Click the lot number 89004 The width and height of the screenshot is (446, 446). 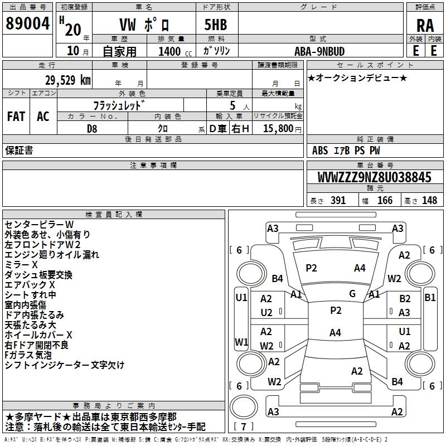tap(27, 23)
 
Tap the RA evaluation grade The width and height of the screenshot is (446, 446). tap(425, 26)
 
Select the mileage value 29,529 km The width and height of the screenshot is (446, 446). tap(67, 80)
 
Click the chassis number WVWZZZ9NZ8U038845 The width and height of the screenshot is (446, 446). tap(374, 177)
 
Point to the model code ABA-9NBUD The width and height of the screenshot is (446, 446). tap(319, 51)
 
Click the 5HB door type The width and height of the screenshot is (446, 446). tap(216, 25)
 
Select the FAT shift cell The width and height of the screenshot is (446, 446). tap(16, 117)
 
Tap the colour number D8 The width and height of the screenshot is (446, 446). tap(92, 129)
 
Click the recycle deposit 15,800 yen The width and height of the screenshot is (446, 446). tap(282, 129)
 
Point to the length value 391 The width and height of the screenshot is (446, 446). tap(338, 200)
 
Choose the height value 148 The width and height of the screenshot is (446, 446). tap(429, 200)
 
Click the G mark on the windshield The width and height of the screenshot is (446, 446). tap(352, 294)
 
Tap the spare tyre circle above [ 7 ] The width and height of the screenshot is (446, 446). tap(244, 406)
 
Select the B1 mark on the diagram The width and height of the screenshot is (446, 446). tap(430, 298)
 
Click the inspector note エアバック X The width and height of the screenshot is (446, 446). tap(30, 285)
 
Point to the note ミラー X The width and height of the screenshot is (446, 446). tap(21, 264)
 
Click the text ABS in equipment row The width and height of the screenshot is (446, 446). tap(320, 151)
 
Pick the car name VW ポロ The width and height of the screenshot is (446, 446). tap(144, 25)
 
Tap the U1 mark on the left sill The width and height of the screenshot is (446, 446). tap(241, 298)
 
